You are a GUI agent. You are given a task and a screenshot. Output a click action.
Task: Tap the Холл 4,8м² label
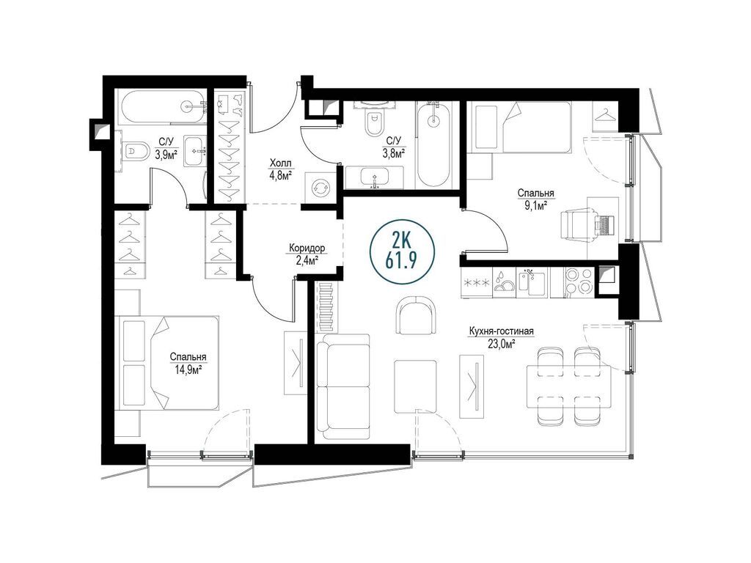pos(280,169)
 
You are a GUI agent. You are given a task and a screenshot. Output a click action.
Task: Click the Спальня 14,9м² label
pos(188,363)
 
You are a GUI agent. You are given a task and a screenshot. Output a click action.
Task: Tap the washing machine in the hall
pos(320,188)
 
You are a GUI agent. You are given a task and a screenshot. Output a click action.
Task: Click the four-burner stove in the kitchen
pos(579,281)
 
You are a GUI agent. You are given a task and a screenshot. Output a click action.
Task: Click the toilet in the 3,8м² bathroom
pos(373,122)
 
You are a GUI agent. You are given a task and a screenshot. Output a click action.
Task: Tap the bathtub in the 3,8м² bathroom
pos(433,144)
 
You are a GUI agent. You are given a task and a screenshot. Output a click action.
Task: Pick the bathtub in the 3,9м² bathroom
pos(161,107)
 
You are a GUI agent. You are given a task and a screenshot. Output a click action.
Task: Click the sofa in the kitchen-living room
pos(343,386)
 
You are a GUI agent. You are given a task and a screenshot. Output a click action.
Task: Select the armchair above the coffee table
pos(416,315)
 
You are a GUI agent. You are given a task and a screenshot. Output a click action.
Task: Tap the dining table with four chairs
pos(568,386)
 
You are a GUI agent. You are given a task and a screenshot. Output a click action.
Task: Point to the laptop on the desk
pos(604,225)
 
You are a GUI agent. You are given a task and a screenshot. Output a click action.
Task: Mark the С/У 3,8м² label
pos(394,147)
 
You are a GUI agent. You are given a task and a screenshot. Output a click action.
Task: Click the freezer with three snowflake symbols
pos(476,282)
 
